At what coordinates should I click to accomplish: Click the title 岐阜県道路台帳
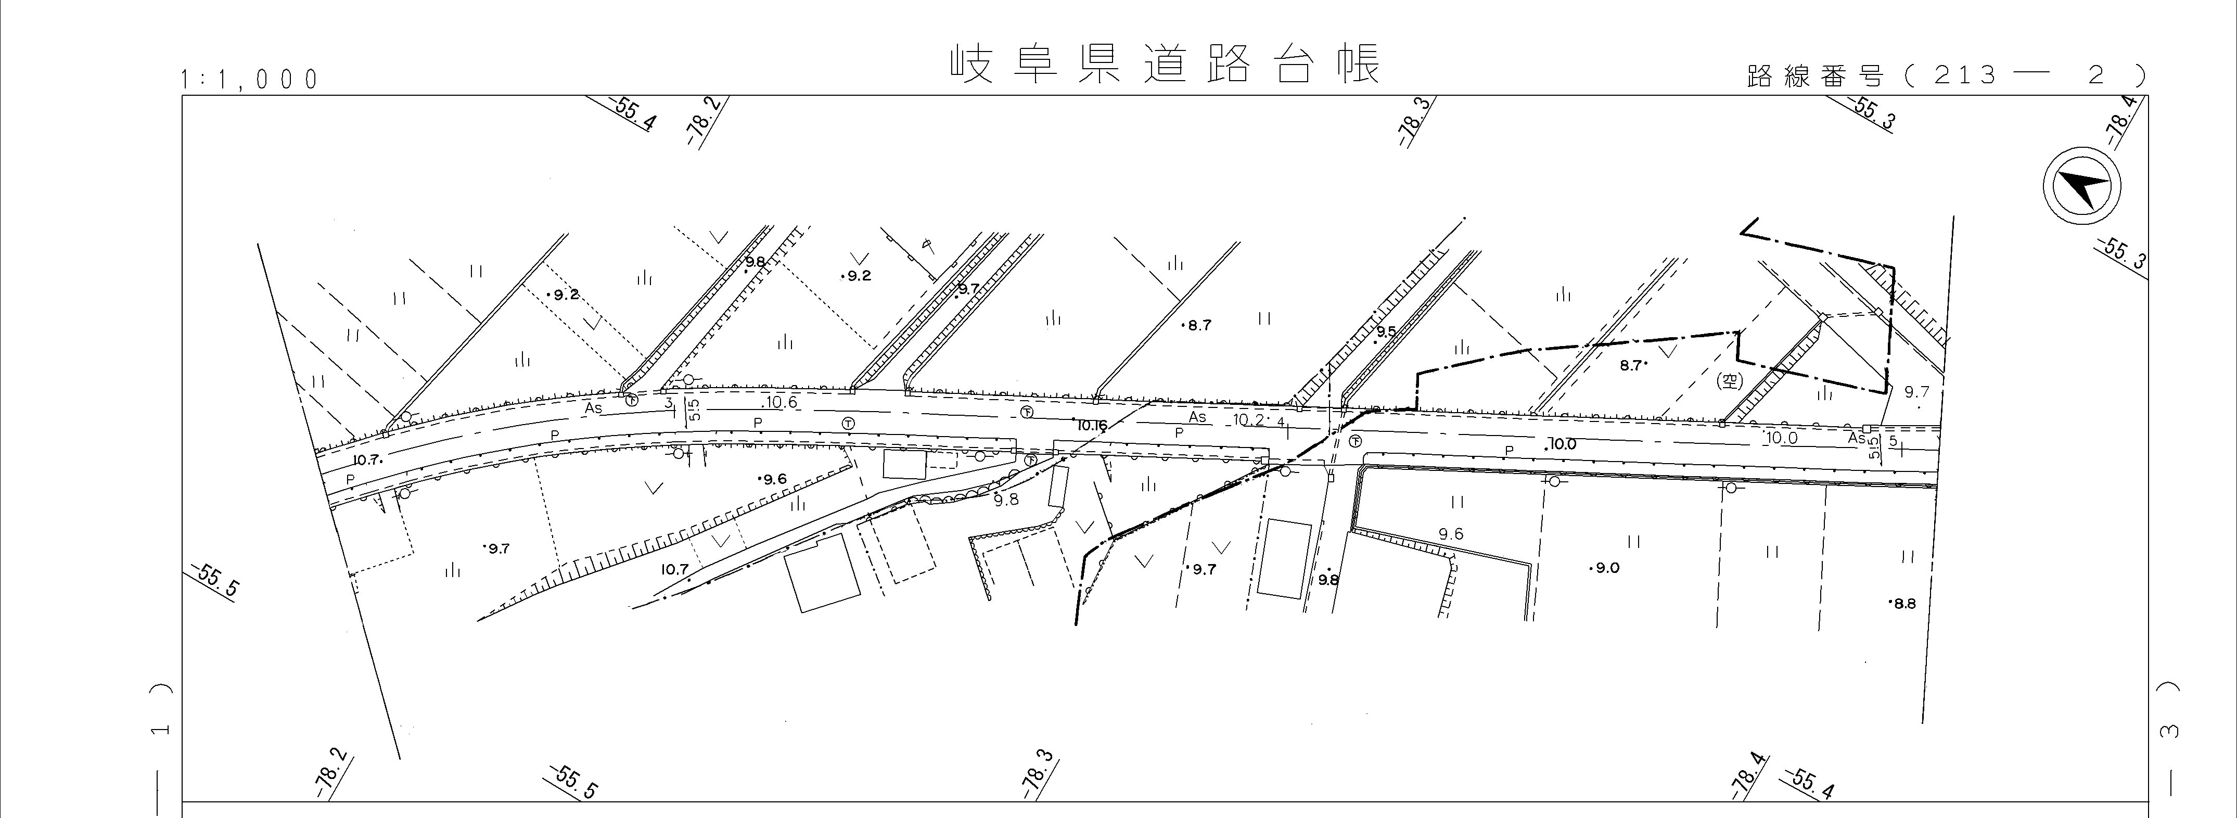[x=1164, y=64]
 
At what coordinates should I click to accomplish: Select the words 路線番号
[x=1814, y=76]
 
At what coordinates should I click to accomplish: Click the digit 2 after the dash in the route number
[x=2097, y=75]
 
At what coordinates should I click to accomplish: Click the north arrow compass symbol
[x=2081, y=187]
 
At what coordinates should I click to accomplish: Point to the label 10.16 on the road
[x=1092, y=426]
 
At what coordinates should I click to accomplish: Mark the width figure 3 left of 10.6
[x=668, y=402]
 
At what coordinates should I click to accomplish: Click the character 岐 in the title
[x=970, y=64]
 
